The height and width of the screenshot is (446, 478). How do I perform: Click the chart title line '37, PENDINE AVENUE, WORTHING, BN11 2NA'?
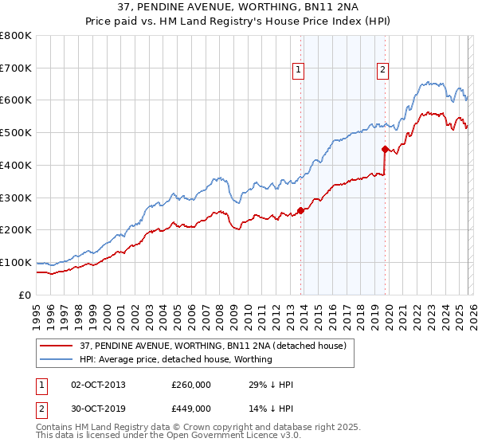coord(239,8)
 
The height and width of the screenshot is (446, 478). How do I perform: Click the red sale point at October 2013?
coord(300,210)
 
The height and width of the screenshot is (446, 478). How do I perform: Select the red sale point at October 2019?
coord(385,149)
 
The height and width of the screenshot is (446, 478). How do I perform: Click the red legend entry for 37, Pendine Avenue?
coord(213,346)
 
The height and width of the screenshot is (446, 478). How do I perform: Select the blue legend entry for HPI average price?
coord(176,359)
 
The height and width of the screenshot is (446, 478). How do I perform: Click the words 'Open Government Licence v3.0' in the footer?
coord(210,438)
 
